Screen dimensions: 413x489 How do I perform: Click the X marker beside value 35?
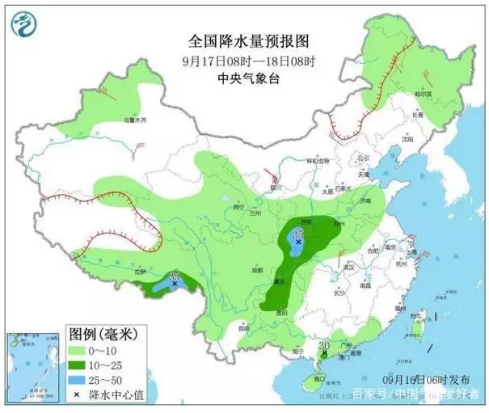[x=298, y=242]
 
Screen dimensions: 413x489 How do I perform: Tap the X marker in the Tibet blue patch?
[x=175, y=284]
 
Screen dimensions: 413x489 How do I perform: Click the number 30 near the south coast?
[x=324, y=346]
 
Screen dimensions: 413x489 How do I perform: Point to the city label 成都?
[x=258, y=269]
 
